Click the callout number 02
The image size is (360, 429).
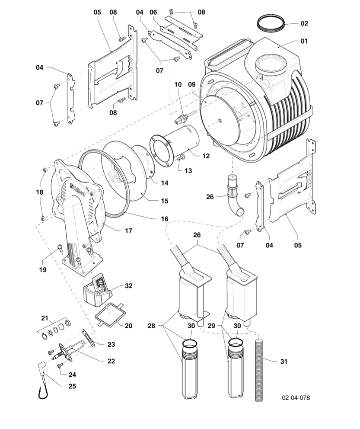click(x=304, y=23)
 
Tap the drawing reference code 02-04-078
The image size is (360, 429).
click(x=296, y=397)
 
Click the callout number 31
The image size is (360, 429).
click(x=284, y=361)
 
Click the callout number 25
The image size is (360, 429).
click(x=72, y=386)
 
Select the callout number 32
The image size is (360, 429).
click(x=129, y=286)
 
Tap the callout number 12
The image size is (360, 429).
click(x=206, y=156)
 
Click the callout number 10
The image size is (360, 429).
click(x=178, y=85)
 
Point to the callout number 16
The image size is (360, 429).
click(x=165, y=219)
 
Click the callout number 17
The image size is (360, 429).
click(x=128, y=231)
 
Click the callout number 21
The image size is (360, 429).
click(x=45, y=318)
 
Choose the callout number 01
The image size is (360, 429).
click(x=304, y=42)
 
